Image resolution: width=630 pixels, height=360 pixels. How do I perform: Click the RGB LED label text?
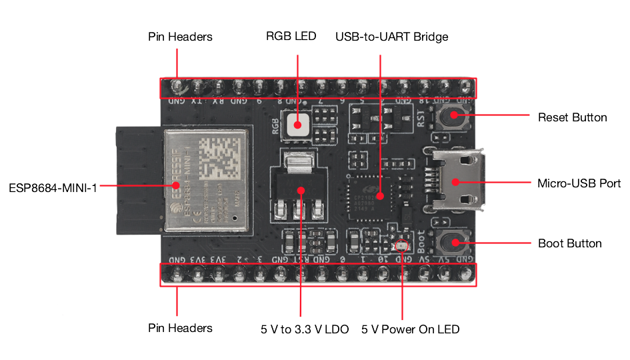pos(291,37)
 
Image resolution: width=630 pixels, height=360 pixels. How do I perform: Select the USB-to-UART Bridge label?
pos(391,37)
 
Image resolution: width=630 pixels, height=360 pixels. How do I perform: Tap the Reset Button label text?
pos(572,117)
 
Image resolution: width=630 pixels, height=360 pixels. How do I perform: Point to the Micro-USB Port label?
pos(579,183)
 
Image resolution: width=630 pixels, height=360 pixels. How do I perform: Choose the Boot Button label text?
pos(569,243)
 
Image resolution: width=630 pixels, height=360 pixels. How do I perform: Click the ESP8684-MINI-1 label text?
pos(53,187)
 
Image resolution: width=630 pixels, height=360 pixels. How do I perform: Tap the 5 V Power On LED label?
pos(410,329)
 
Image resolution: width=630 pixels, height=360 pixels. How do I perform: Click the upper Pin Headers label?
pos(180,37)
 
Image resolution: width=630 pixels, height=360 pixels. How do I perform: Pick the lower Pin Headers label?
pos(180,328)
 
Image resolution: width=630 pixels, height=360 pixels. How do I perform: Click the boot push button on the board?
pos(454,242)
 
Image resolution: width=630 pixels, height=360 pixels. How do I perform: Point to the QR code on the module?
pos(217,155)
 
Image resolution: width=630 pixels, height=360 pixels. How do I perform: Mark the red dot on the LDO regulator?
pos(301,191)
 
